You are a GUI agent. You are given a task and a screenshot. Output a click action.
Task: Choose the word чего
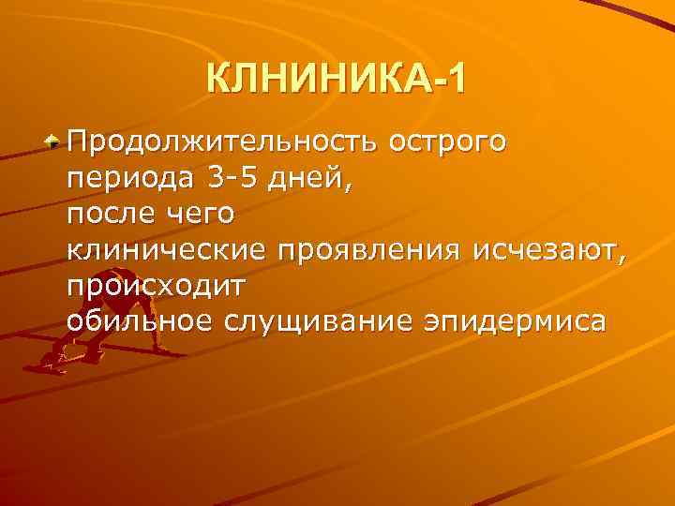point(200,215)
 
